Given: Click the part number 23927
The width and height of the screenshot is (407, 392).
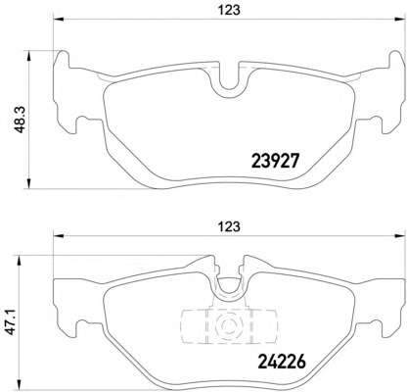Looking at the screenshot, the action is (x=275, y=161).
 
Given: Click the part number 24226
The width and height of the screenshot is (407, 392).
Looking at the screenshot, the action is (x=282, y=362).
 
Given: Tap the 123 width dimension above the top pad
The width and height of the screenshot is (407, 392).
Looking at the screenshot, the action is (x=229, y=10).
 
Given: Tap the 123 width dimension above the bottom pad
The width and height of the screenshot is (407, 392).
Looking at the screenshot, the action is (x=229, y=226).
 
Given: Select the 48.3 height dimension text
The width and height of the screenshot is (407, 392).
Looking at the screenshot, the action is (x=21, y=120).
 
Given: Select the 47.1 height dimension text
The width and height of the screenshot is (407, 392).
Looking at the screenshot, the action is (x=12, y=322).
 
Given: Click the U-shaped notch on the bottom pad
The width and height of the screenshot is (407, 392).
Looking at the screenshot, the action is (x=228, y=286).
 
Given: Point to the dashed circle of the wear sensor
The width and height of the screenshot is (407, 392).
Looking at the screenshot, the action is (x=228, y=324).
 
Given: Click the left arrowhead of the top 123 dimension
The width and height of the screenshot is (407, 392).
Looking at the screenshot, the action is (x=58, y=19).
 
